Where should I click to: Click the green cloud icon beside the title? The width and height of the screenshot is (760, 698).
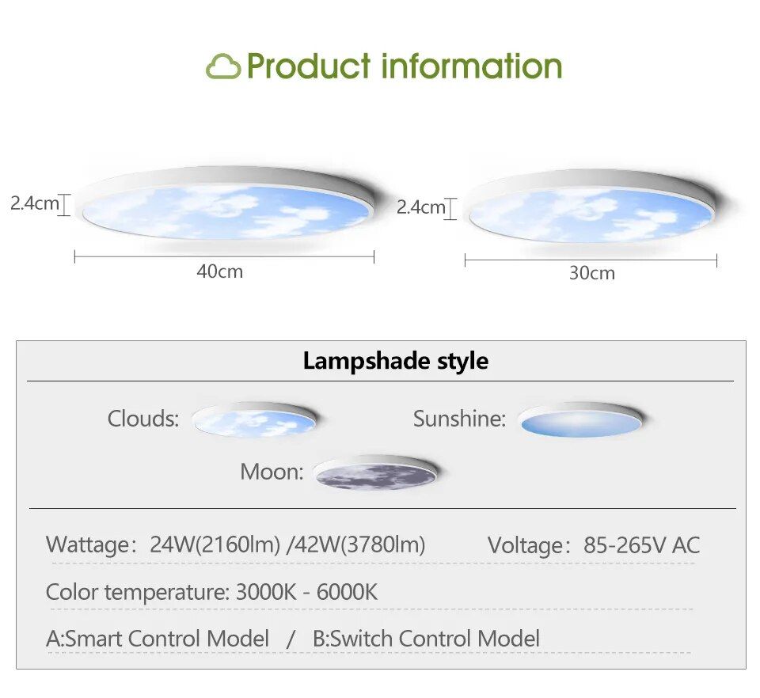[223, 66]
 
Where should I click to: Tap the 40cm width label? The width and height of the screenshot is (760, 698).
[219, 271]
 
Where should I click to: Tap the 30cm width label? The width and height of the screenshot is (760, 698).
[592, 273]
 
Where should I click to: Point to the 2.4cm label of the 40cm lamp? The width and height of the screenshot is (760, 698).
[34, 203]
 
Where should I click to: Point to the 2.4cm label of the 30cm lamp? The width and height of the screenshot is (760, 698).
[420, 207]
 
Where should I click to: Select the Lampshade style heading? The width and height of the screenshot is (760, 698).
[396, 361]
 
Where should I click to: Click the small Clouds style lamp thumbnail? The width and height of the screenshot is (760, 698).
[254, 419]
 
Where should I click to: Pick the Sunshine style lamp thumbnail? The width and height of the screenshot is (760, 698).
[580, 419]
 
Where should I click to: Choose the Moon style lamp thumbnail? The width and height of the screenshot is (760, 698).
[375, 472]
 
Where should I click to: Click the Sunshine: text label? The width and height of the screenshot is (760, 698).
[459, 419]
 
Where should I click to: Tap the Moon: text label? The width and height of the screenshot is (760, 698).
[272, 472]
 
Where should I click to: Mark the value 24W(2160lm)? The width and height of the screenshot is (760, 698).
[215, 544]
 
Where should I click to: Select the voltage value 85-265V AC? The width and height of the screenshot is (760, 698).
[642, 545]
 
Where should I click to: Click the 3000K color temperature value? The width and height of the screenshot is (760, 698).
[266, 592]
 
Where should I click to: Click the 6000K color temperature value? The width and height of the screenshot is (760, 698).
[347, 592]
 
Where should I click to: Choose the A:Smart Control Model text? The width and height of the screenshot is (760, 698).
[158, 639]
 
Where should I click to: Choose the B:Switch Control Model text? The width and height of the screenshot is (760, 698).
[426, 639]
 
